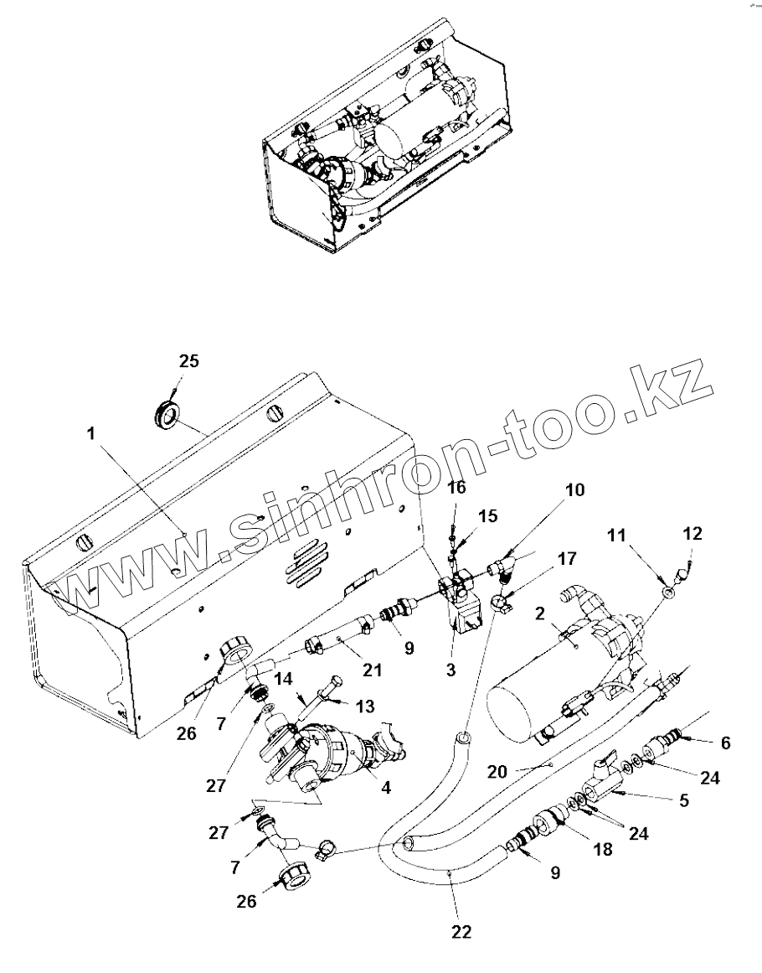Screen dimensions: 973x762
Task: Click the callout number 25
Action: (x=189, y=361)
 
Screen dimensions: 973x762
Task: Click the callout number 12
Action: (x=692, y=533)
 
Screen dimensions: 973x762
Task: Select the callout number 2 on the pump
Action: (x=542, y=614)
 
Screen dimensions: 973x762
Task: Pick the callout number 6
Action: (x=725, y=742)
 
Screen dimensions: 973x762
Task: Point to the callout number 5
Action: (x=683, y=800)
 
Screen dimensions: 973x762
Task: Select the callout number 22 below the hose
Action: (x=461, y=931)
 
